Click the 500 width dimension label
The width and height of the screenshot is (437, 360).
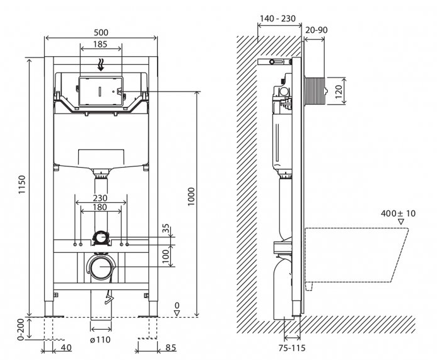(101, 33)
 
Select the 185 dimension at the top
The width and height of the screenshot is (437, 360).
(100, 44)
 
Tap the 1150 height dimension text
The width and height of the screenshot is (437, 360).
(21, 185)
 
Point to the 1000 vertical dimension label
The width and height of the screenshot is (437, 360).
(191, 197)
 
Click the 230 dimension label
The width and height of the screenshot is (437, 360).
(100, 198)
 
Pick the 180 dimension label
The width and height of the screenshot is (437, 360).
(100, 207)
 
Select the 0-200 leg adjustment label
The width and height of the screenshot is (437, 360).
(21, 330)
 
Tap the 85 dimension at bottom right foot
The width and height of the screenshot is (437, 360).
(171, 348)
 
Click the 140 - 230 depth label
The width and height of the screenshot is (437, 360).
(277, 18)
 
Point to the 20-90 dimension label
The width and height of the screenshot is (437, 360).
(317, 30)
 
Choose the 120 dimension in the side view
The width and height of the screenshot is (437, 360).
(339, 91)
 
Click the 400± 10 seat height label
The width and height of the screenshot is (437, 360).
(398, 214)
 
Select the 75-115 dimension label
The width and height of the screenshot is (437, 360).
(292, 348)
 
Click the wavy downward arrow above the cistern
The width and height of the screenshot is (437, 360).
(101, 65)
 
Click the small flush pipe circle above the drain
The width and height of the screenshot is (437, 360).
(100, 238)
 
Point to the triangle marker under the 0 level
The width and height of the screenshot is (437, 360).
(177, 313)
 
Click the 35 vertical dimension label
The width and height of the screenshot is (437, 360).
(166, 230)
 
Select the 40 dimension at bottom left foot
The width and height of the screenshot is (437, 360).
(66, 348)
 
